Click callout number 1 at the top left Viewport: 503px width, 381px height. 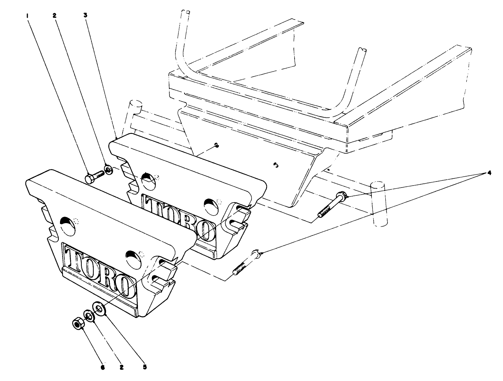tap(27, 16)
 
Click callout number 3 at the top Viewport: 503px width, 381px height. tap(85, 16)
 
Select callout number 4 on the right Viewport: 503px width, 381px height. tap(489, 173)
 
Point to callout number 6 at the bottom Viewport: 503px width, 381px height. tap(102, 367)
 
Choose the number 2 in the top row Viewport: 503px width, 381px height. tap(54, 16)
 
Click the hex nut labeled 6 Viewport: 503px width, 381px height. tap(78, 323)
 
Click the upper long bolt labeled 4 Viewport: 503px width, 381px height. tap(332, 205)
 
